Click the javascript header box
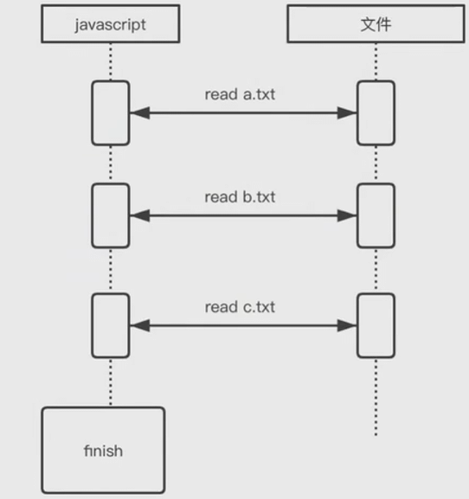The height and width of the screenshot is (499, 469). pos(111,23)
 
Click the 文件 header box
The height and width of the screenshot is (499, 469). pos(376,23)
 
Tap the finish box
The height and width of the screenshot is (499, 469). pos(103,451)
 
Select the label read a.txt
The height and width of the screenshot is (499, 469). pos(240,94)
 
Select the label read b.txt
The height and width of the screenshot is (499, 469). pos(240,197)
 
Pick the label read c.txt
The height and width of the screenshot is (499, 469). pos(240,307)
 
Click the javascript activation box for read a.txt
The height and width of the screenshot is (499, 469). pos(111,113)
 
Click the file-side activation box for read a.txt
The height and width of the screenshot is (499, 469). pos(376,113)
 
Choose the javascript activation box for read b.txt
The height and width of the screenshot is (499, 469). pos(111,215)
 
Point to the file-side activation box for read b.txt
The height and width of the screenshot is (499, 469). pos(376,215)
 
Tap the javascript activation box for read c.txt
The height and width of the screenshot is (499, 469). pos(111,325)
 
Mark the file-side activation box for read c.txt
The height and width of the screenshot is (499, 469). pos(376,325)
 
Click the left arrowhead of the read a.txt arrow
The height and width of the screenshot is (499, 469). pos(139,113)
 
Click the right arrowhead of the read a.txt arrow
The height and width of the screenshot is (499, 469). pos(347,113)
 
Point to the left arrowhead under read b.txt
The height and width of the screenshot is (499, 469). pos(139,215)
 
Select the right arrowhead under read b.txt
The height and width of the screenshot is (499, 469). pos(347,215)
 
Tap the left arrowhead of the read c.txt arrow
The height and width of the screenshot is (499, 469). pos(139,325)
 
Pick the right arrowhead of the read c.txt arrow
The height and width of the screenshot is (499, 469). pos(347,325)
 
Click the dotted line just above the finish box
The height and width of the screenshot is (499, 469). pos(111,382)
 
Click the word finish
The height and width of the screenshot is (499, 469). pos(103,451)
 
